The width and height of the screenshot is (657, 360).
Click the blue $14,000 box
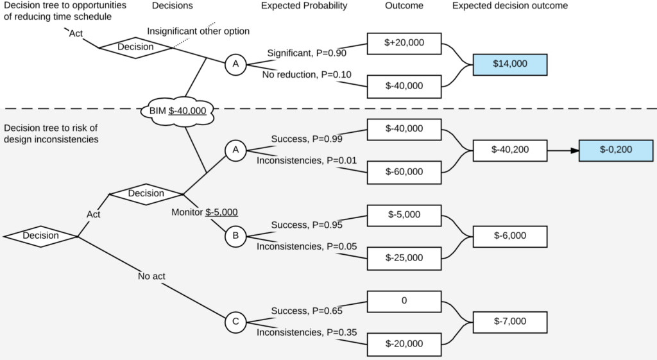509,64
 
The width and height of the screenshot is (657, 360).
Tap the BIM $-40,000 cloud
177,110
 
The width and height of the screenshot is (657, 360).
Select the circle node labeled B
235,236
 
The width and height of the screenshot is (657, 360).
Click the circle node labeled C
235,322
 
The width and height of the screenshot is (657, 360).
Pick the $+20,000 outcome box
404,44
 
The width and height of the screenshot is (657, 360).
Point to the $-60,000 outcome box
404,171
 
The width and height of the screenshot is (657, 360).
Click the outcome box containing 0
404,301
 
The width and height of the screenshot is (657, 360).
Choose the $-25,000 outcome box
404,257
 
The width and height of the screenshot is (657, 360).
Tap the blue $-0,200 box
616,150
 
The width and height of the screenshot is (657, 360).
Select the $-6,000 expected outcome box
509,236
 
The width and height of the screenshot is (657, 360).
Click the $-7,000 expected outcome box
509,321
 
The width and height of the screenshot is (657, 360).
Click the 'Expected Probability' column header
304,6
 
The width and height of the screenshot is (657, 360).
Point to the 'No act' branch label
151,277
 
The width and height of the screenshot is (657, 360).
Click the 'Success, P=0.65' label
307,311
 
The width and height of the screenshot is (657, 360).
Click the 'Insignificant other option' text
198,31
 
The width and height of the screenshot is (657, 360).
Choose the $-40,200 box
509,150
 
